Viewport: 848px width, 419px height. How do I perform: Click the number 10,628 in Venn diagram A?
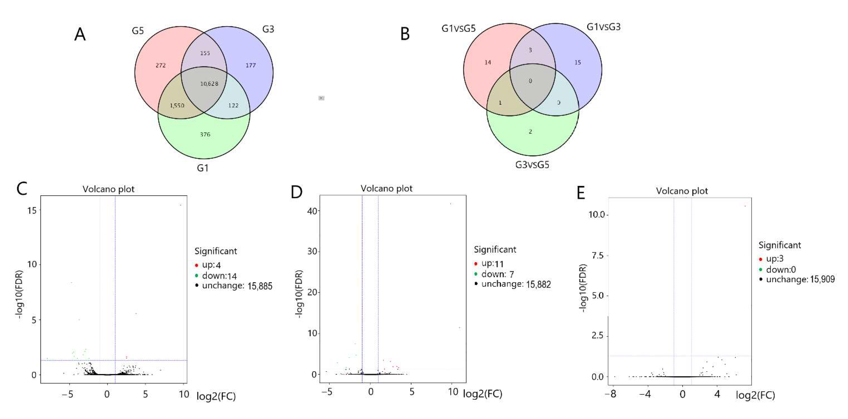pos(209,84)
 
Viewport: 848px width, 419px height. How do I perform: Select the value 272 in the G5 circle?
pos(161,65)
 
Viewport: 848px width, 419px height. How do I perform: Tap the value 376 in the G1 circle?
pos(205,134)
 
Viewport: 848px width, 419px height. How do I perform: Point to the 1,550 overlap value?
pos(177,105)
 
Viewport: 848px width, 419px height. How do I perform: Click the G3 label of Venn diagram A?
pos(268,29)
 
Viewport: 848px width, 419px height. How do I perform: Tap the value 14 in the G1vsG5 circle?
pos(487,62)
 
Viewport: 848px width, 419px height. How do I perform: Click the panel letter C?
pos(22,189)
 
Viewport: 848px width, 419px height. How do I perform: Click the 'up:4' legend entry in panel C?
pos(211,265)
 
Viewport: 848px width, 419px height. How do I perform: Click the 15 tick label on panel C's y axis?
pos(32,210)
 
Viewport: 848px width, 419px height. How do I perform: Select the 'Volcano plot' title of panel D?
pos(386,188)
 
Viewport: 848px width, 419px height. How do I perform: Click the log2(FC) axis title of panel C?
pos(216,396)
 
